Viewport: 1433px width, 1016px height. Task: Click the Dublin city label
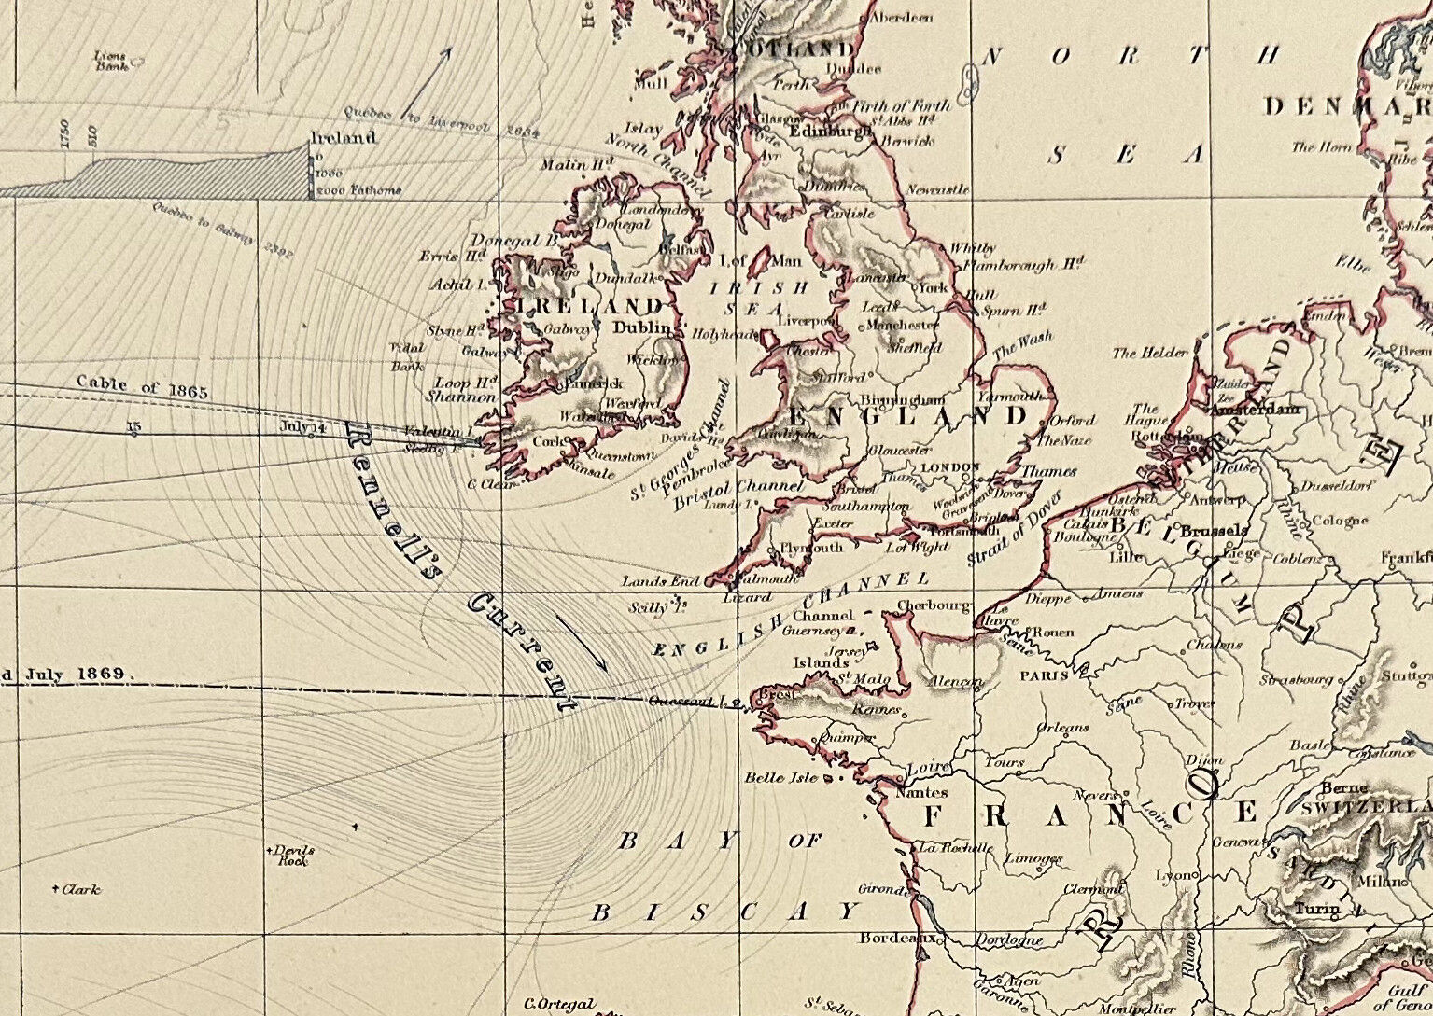click(642, 328)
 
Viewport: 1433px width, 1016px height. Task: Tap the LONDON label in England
click(950, 467)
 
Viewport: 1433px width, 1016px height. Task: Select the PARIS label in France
click(1044, 675)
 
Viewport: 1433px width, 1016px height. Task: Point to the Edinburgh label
click(830, 132)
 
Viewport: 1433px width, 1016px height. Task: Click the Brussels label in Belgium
click(1214, 530)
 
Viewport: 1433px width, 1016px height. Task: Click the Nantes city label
click(920, 792)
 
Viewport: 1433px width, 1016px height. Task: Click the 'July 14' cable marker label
click(302, 426)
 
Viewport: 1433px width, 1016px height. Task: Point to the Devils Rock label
click(292, 856)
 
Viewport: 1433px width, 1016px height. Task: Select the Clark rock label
click(80, 889)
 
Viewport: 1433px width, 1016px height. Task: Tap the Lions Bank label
click(110, 62)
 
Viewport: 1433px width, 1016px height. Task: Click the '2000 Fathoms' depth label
click(361, 190)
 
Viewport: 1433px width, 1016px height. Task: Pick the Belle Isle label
click(780, 777)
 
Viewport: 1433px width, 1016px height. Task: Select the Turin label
click(1317, 908)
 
